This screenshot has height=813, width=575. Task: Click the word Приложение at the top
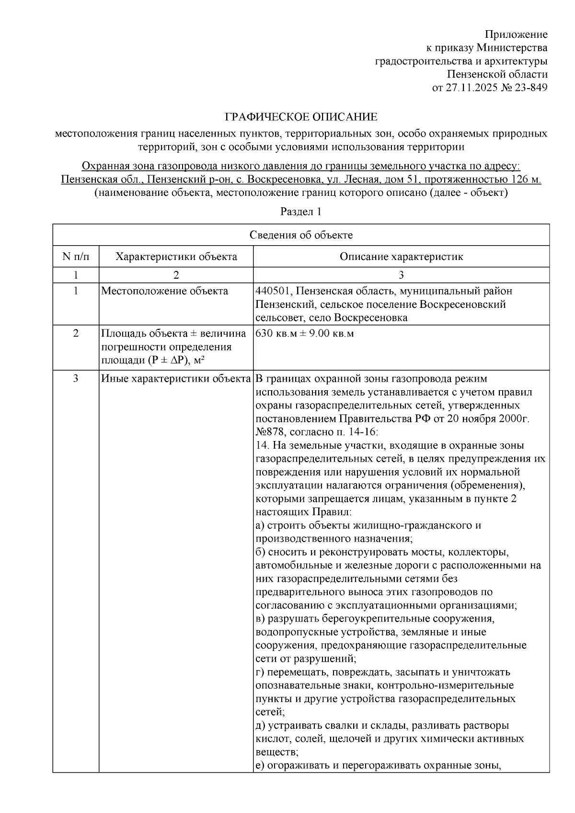click(516, 34)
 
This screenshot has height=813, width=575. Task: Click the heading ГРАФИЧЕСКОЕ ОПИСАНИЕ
click(301, 117)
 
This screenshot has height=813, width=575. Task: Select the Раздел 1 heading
click(301, 212)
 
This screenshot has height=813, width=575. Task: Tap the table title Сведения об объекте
click(301, 235)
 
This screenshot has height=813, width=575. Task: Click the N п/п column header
click(76, 257)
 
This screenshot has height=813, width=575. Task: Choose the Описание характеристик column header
click(401, 257)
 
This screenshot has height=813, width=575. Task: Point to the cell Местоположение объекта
click(164, 291)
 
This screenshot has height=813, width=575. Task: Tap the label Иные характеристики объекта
click(176, 379)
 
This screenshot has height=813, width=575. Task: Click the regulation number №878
click(270, 432)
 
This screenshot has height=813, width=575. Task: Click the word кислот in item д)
click(270, 739)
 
